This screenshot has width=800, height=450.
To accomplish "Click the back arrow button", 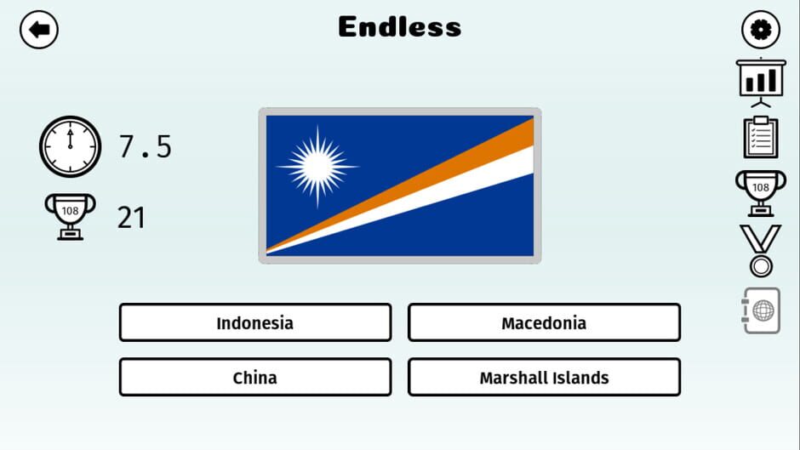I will click(38, 30).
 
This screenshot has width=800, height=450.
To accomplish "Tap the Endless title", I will click(399, 27).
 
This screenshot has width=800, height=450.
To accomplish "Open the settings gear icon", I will click(760, 30).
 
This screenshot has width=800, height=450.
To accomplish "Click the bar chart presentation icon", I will click(760, 82).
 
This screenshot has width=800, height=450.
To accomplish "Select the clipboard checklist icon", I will click(760, 137).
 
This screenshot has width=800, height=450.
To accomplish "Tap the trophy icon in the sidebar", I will click(760, 191).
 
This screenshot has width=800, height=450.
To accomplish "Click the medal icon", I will click(760, 250).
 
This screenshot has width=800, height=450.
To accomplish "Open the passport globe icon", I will click(760, 310).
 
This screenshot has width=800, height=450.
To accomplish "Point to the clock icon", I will click(70, 146).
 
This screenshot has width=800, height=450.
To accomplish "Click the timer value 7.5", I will click(145, 147).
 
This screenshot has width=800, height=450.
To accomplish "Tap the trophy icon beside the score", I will click(70, 216).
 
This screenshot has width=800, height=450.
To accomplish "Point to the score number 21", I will click(131, 218).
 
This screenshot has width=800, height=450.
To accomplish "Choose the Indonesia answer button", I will click(254, 323).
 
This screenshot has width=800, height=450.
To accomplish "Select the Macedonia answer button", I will click(544, 323).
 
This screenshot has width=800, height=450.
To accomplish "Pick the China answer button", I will click(254, 378).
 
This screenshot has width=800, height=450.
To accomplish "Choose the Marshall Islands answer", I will click(544, 378).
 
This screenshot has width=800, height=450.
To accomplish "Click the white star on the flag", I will click(317, 165).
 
